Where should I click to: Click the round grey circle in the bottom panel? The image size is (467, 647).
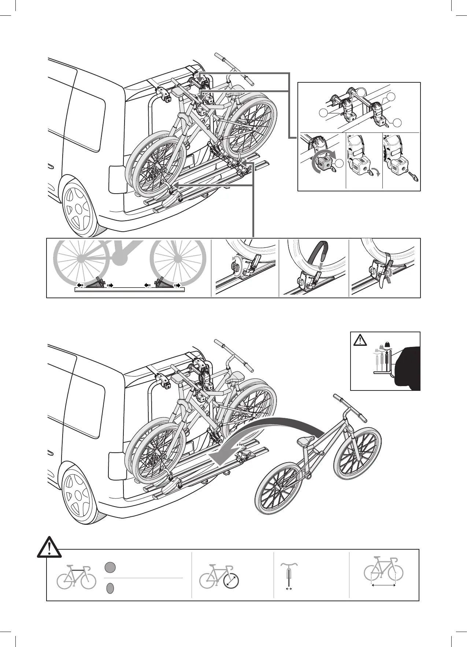tap(110, 577)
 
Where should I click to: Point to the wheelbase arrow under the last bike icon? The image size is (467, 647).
tap(383, 596)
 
